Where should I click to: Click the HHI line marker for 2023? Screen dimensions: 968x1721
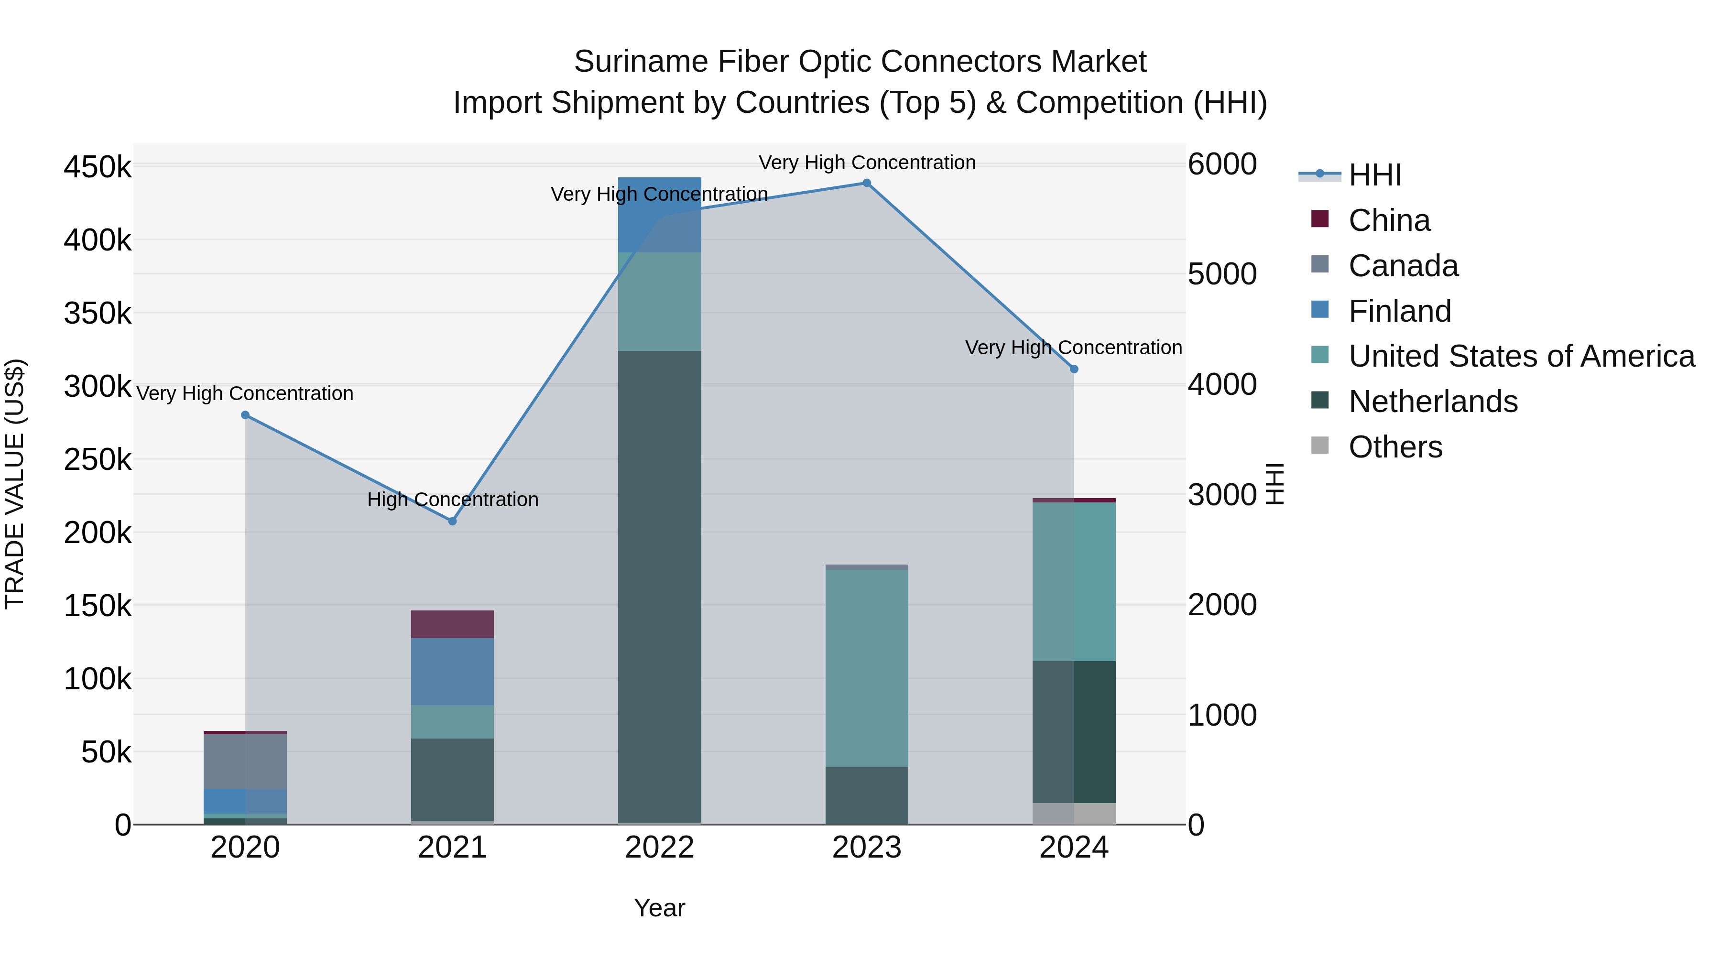867,183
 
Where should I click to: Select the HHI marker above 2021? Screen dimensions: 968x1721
452,521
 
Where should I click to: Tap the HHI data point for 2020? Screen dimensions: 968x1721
245,415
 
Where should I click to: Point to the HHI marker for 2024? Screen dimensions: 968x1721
1074,369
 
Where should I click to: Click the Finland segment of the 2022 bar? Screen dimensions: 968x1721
659,215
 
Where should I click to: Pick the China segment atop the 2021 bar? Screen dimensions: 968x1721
452,624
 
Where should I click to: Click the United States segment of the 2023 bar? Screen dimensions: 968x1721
867,668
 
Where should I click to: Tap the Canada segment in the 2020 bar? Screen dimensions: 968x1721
245,761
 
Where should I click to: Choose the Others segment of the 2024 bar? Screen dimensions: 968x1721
1074,813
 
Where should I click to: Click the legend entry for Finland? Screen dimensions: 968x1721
1400,311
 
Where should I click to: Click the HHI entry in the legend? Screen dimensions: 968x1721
1374,175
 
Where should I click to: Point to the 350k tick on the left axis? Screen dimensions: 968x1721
98,313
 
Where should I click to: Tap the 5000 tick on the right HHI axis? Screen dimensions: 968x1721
1222,274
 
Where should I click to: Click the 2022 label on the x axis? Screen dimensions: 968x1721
659,848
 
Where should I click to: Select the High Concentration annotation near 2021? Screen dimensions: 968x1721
452,500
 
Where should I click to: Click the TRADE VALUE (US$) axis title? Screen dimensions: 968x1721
15,484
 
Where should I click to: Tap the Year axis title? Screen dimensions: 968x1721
659,908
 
